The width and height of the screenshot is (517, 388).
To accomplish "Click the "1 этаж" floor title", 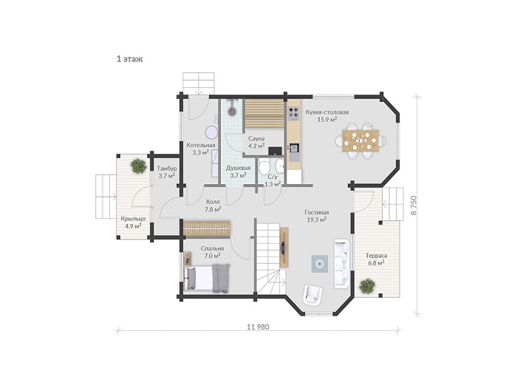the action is pos(129,59).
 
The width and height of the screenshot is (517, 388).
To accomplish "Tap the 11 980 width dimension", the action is pos(258,327).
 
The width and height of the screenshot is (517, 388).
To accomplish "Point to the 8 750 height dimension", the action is pos(414,205).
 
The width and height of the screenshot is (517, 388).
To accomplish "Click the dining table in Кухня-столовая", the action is pos(360,140).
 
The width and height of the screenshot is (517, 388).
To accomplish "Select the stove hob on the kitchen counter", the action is pos(293,112).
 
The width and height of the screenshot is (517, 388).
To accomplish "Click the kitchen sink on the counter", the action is pos(293,150).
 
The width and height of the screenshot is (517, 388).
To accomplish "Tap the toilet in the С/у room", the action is pos(264,167).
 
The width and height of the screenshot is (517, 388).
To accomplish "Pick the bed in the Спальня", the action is pos(208,279).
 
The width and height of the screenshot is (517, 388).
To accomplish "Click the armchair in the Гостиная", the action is pos(312,294).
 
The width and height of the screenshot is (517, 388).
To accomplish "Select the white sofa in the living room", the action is pos(342,264).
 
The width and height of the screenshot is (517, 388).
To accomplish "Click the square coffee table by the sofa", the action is pos(320,264).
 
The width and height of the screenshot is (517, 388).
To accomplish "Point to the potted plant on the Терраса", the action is pos(367,286).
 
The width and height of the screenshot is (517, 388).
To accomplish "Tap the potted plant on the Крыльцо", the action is pos(138,166).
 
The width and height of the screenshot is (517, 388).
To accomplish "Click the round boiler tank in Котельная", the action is pos(211,132).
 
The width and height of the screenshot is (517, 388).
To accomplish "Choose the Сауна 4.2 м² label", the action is pos(256,142).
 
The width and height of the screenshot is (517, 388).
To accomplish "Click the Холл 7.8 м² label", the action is pos(213,205).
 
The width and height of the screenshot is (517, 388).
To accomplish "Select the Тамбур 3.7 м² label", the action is pos(166,172).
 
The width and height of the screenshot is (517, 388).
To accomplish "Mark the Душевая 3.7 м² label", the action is pos(238,171).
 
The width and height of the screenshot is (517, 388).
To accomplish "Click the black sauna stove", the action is pos(275,151).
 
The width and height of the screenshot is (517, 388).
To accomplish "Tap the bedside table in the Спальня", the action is pos(188,258).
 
